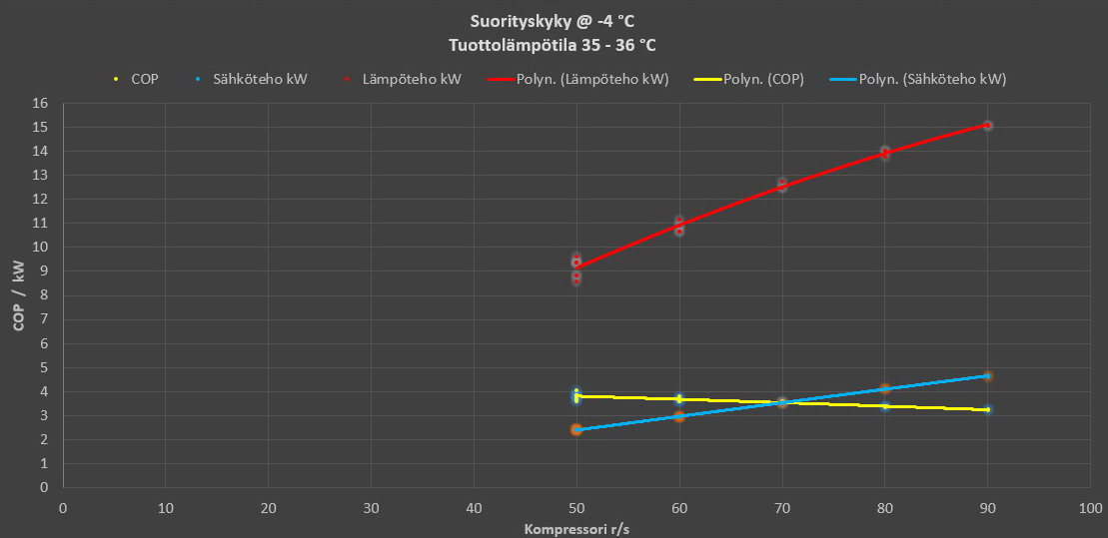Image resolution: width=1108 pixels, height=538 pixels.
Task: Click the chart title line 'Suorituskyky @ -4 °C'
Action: tap(553, 21)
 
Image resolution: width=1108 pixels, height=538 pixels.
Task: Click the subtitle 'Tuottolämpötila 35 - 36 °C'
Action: tap(553, 45)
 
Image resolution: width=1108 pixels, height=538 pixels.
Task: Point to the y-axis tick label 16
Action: tap(41, 103)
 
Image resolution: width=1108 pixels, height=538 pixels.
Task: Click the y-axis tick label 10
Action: tap(41, 248)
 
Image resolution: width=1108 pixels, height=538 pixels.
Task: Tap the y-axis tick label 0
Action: tap(45, 488)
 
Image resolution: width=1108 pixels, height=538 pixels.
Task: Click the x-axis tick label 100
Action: tap(1091, 508)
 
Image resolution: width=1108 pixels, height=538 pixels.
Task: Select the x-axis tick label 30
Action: tap(372, 508)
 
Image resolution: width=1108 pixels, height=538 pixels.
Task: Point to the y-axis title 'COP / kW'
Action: tap(18, 295)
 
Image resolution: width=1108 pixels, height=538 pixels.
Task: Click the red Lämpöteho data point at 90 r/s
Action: tap(987, 126)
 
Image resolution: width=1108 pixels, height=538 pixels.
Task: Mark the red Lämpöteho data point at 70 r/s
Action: tap(782, 186)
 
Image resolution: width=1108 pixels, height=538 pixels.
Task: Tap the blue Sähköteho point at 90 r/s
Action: tap(987, 376)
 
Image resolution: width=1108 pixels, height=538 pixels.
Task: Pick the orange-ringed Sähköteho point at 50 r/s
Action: tap(576, 429)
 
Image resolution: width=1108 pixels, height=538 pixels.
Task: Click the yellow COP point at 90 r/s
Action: tap(987, 409)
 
